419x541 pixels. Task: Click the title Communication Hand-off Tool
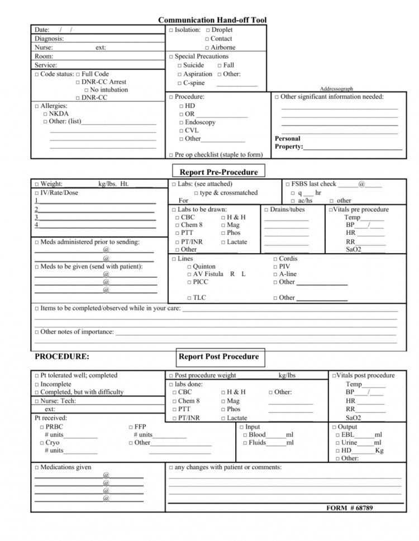(x=212, y=20)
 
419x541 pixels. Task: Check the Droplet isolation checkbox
(x=207, y=30)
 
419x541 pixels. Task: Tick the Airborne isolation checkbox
(x=207, y=48)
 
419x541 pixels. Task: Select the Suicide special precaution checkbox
(x=180, y=66)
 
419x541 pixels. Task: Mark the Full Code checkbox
(x=78, y=74)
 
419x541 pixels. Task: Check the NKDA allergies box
(x=45, y=114)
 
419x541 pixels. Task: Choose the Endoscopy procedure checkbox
(x=182, y=123)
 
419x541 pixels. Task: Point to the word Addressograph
(x=336, y=89)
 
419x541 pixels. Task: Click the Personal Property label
(x=288, y=143)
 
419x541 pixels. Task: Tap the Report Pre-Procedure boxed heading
(x=218, y=172)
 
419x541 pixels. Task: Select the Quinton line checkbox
(x=189, y=267)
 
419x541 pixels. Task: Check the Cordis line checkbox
(x=275, y=259)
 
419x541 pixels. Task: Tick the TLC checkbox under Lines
(x=189, y=298)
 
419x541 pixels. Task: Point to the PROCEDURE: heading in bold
(x=61, y=356)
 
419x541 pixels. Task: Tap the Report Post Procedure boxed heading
(x=218, y=357)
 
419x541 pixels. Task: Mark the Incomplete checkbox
(x=37, y=384)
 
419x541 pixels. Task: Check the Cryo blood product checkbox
(x=42, y=443)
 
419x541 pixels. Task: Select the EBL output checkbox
(x=337, y=435)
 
